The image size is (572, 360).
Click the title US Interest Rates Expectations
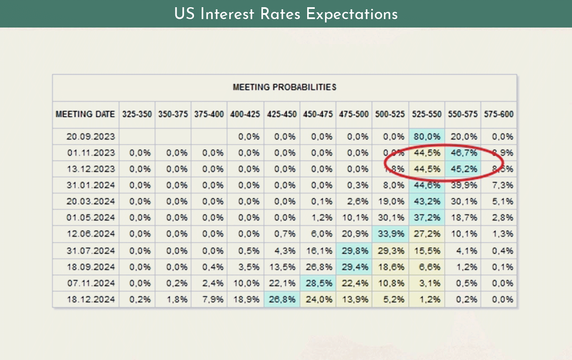[286, 14]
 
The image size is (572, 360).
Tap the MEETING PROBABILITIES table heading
[284, 88]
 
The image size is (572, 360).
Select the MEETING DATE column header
[85, 114]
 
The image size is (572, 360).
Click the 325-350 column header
[137, 114]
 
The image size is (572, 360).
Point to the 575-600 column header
[499, 114]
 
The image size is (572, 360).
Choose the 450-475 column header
[318, 114]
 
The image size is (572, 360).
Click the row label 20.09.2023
[91, 137]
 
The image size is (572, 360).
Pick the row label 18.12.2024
[91, 299]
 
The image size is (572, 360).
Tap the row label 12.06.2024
[91, 234]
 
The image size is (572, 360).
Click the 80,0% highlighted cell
[427, 137]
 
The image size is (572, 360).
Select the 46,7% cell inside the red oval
[463, 153]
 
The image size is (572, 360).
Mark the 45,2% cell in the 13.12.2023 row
[463, 169]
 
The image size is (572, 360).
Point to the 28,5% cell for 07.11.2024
[318, 283]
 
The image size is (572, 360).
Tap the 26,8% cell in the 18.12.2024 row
[282, 299]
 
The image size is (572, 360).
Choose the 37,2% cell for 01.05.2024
[427, 218]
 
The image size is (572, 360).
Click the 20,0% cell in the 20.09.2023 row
[463, 137]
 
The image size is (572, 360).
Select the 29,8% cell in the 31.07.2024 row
[354, 251]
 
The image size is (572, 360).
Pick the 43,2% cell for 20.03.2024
[427, 201]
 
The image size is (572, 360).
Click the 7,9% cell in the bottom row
[209, 299]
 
